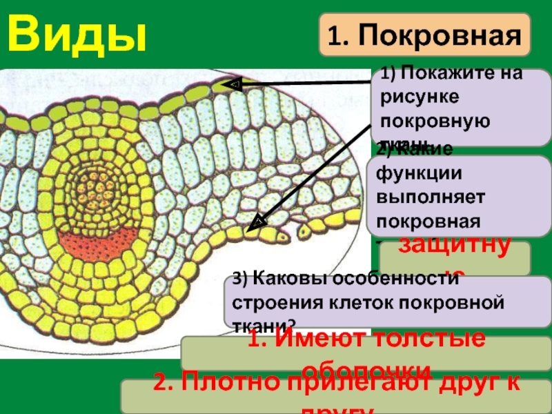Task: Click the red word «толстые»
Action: [428, 339]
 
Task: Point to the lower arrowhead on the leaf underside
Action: [257, 222]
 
